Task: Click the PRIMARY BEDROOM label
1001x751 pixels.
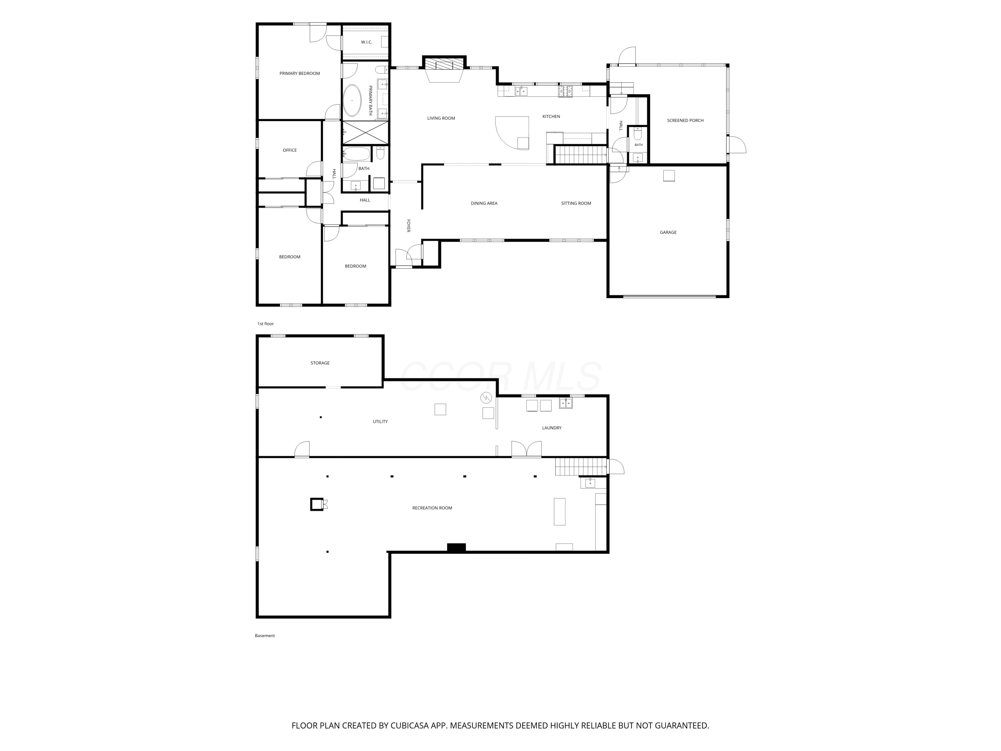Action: coord(300,73)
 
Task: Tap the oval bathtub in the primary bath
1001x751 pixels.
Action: coord(352,100)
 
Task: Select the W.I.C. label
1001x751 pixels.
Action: coord(367,42)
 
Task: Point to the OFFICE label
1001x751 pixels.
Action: coord(290,150)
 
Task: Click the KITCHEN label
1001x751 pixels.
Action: coord(551,116)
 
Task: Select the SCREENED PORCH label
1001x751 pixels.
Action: coord(685,120)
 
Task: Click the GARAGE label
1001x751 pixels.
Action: coord(668,232)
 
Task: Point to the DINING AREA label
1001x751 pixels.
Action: coord(484,203)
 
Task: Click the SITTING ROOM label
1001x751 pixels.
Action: coord(576,203)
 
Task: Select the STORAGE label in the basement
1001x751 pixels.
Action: coord(320,363)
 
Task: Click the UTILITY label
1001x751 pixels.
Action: coord(380,422)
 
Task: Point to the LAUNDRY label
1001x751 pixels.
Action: coord(552,428)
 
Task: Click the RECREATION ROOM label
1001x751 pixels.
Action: coord(432,508)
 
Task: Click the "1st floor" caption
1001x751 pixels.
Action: coord(266,324)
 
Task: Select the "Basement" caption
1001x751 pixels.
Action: coord(265,636)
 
